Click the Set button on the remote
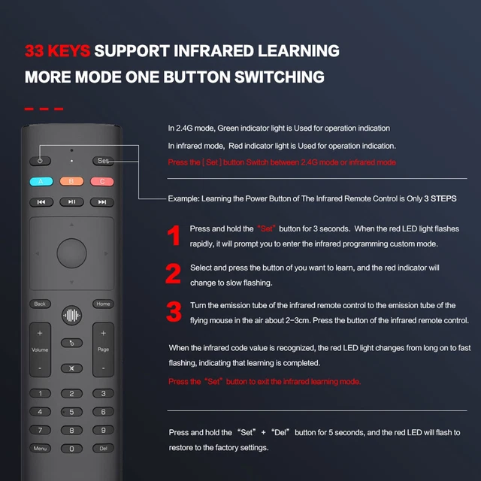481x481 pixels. coord(103,161)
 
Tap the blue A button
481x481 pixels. coord(41,181)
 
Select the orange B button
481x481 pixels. coord(71,181)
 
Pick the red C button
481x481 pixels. coord(102,181)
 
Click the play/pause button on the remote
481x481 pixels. coord(71,201)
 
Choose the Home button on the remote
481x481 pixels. coord(103,304)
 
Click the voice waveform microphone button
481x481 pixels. coord(71,315)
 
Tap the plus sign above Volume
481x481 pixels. coord(40,333)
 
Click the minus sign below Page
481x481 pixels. coord(103,369)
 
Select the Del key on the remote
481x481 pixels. coord(103,449)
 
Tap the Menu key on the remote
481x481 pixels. coord(40,449)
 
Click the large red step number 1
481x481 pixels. coord(174,235)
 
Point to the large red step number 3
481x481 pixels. coord(174,312)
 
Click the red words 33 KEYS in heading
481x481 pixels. coord(58,51)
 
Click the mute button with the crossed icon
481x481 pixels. coord(71,368)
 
